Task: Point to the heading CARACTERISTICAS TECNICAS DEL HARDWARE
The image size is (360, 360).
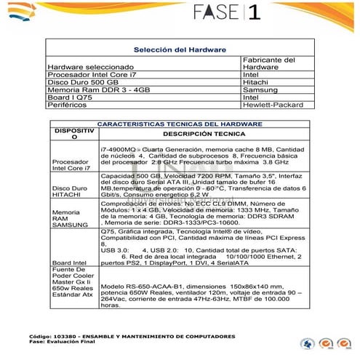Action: click(180, 124)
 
